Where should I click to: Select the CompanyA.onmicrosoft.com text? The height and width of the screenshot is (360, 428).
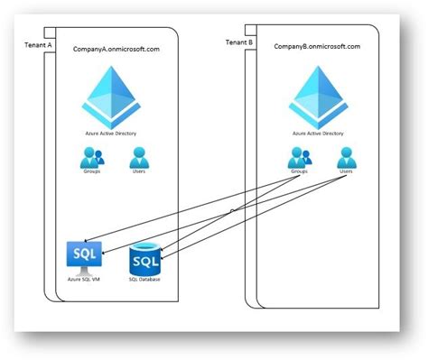(116, 49)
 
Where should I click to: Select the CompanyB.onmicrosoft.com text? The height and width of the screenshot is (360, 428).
(317, 46)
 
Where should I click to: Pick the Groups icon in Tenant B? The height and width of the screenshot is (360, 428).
(299, 157)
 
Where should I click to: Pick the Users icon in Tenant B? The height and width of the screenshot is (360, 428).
(346, 157)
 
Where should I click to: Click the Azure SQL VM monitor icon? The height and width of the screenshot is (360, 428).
(86, 255)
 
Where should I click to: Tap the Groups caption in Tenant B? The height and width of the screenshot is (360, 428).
(299, 171)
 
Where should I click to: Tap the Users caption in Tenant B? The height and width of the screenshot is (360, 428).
(346, 171)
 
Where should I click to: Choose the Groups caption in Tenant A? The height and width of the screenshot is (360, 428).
(93, 171)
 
